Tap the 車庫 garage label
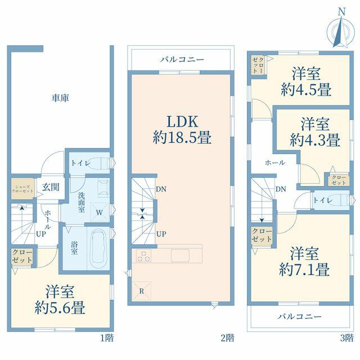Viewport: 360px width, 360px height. pyautogui.click(x=60, y=98)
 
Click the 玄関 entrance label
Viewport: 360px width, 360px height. pyautogui.click(x=51, y=187)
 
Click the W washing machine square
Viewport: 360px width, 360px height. pyautogui.click(x=100, y=212)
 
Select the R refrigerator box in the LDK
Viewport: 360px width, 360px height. pyautogui.click(x=142, y=291)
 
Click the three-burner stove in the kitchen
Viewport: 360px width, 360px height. pyautogui.click(x=144, y=256)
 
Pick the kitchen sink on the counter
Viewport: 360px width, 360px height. pyautogui.click(x=180, y=255)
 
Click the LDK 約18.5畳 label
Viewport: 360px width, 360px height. pyautogui.click(x=182, y=130)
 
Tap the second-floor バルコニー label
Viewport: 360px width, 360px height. pyautogui.click(x=182, y=60)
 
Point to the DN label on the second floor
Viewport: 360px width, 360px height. pyautogui.click(x=161, y=189)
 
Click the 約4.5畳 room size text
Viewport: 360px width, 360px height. pyautogui.click(x=306, y=89)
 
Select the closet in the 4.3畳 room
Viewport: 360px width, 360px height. pyautogui.click(x=339, y=180)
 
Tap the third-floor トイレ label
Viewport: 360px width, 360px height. pyautogui.click(x=323, y=200)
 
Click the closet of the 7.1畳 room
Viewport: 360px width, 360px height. pyautogui.click(x=262, y=235)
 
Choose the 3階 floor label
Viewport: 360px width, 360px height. pyautogui.click(x=346, y=337)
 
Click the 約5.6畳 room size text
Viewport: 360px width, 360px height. pyautogui.click(x=60, y=308)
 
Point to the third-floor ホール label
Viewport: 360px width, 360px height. pyautogui.click(x=275, y=163)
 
